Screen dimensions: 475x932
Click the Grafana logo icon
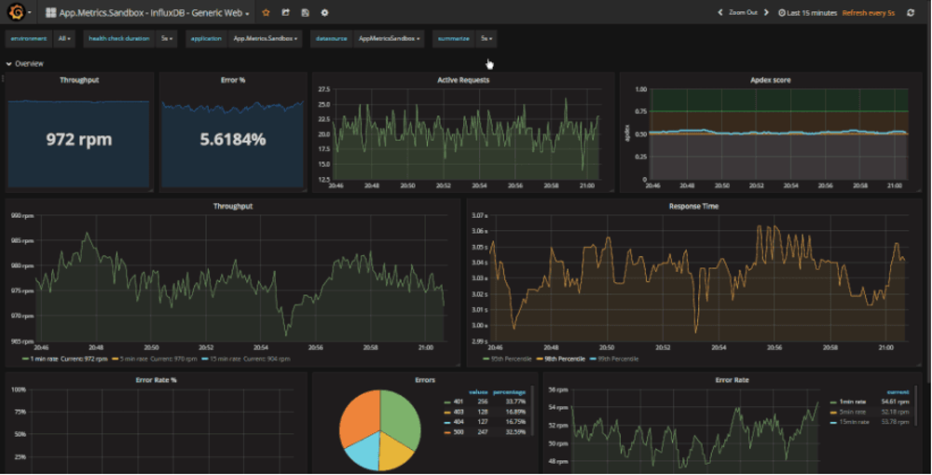coord(16,12)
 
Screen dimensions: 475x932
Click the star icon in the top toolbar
coord(266,13)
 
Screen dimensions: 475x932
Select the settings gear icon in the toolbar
coord(324,13)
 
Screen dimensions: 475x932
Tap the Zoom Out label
coord(743,13)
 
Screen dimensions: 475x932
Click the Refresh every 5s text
coord(868,13)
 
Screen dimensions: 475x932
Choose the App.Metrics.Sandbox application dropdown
coord(266,39)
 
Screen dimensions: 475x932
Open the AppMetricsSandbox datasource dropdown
coord(390,39)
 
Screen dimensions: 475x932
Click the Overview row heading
coord(29,63)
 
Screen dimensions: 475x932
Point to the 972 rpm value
coord(79,140)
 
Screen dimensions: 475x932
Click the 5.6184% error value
coord(232,140)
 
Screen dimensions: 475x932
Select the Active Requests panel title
coord(463,80)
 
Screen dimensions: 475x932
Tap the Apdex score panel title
coord(770,80)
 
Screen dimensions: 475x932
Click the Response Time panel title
coord(693,206)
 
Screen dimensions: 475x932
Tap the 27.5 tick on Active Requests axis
coord(324,89)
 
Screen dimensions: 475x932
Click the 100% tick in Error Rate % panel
coord(18,389)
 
